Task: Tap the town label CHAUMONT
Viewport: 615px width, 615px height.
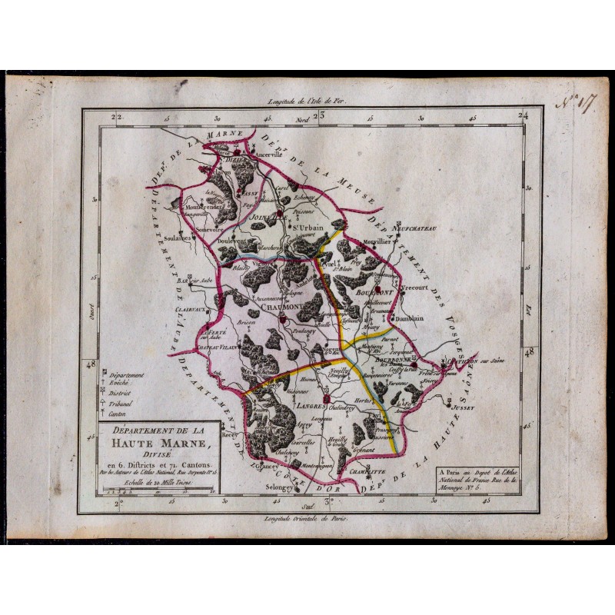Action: tap(285, 307)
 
